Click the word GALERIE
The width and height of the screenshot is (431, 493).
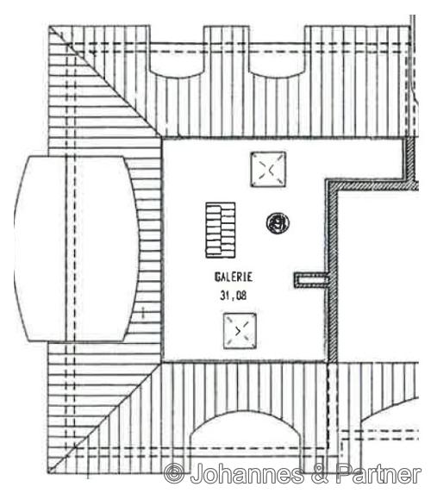coord(234,277)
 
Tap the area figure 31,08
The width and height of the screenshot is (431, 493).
coord(234,296)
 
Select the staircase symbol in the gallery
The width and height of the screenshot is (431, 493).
coord(221,230)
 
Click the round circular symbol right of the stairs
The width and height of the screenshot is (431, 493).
coord(278,223)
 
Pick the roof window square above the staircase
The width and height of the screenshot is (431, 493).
coord(268,170)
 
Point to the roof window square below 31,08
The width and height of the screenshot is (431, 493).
coord(240,331)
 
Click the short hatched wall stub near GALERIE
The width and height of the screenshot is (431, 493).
coord(311,280)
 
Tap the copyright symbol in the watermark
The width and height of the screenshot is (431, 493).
coord(174,473)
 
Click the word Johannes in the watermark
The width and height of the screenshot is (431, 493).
coord(247,473)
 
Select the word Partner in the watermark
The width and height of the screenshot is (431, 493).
coord(378,473)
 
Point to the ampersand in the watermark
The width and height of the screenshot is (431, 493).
coord(320,473)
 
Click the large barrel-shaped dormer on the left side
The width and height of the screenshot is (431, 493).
coord(77,249)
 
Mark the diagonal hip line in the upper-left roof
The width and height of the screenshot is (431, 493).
coord(104,81)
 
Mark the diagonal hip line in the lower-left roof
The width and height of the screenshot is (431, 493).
coord(105,417)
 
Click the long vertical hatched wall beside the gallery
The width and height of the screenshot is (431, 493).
coord(332,271)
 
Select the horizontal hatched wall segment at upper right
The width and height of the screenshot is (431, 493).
coord(372,184)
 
